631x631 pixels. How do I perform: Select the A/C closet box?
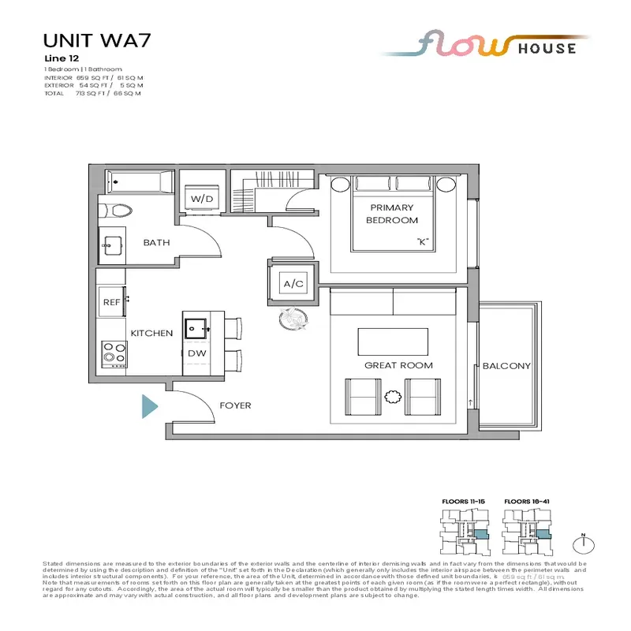pos(293,283)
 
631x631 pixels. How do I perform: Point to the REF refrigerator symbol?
pos(111,301)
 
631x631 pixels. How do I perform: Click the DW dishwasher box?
pos(196,353)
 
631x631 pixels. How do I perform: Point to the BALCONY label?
pos(506,366)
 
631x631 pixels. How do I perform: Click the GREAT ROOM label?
pos(398,365)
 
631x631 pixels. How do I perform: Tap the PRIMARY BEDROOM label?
pos(391,214)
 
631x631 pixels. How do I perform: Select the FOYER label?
pos(235,405)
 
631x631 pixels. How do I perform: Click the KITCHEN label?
pos(151,333)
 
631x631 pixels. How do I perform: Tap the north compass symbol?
pos(585,542)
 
